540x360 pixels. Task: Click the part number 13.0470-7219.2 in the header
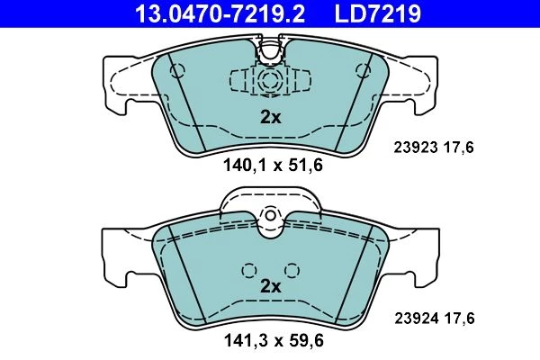(x=220, y=13)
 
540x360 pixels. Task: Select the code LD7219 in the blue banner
(x=377, y=13)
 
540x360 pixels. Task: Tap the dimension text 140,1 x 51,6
(x=273, y=165)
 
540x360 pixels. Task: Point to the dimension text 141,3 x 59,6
(x=274, y=341)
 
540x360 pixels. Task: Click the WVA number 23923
(x=416, y=148)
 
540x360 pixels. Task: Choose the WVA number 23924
(x=417, y=319)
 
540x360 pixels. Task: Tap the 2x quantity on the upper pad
(x=270, y=118)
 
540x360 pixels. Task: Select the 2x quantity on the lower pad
(x=270, y=286)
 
